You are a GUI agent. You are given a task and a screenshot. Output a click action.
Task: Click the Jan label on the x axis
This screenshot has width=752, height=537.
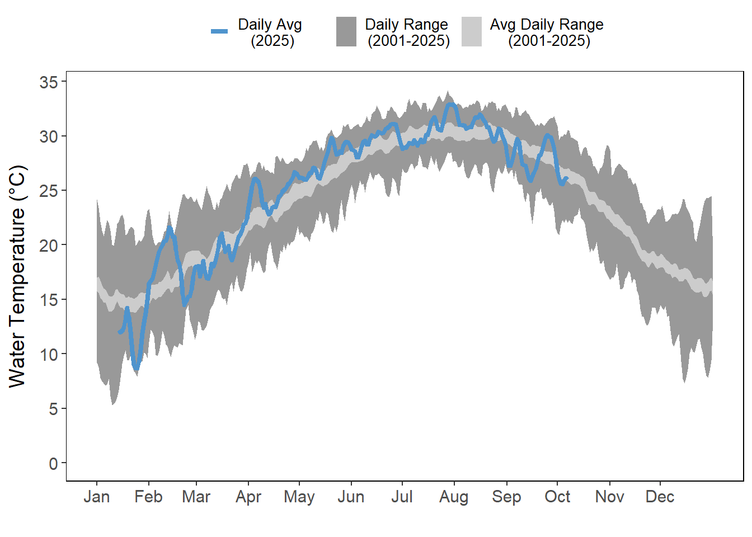(x=96, y=497)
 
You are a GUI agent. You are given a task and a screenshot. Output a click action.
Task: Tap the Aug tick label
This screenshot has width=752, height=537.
(x=454, y=497)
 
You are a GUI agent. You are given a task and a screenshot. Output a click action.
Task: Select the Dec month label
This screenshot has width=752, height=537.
(x=660, y=497)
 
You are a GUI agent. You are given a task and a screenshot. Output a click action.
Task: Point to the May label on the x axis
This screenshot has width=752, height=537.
(x=299, y=497)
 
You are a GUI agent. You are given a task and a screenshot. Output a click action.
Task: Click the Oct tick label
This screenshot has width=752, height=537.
(x=557, y=497)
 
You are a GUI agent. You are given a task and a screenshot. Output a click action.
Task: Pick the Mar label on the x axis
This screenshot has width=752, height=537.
(x=196, y=497)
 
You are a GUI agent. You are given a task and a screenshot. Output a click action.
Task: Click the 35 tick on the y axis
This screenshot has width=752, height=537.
(x=49, y=82)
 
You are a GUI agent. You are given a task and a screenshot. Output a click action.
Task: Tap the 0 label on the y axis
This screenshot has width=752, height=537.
(x=53, y=463)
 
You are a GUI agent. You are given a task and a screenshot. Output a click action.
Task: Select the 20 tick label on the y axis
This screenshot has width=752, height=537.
(x=49, y=245)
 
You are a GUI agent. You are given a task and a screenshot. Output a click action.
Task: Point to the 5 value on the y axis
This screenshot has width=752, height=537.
(x=53, y=409)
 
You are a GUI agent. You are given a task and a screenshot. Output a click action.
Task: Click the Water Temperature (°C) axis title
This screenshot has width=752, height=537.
(x=18, y=276)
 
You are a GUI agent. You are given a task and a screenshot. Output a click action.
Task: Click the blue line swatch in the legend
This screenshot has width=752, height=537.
(x=219, y=31)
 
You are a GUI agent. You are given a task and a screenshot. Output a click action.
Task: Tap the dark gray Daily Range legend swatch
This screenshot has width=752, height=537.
(x=346, y=31)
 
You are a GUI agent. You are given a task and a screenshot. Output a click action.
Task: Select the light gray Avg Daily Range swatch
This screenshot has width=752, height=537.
(x=472, y=31)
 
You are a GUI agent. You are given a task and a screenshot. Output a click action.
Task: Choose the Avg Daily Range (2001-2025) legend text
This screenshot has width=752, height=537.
(x=548, y=32)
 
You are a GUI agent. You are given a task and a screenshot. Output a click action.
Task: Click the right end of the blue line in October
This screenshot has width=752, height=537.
(x=567, y=178)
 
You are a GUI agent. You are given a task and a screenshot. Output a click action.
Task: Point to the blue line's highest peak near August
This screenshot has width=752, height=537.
(x=450, y=105)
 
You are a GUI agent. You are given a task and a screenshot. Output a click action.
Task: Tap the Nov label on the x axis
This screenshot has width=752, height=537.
(x=609, y=497)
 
